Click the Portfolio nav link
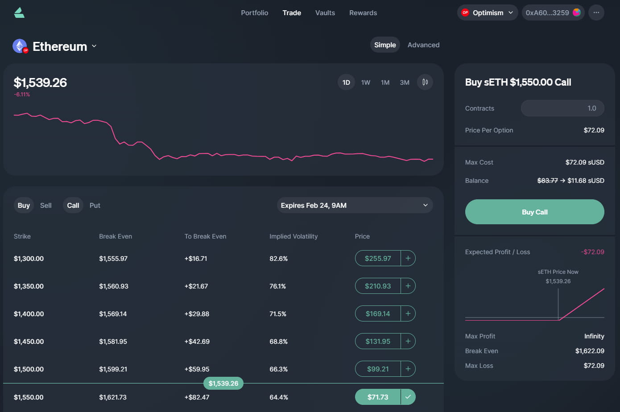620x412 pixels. (x=254, y=13)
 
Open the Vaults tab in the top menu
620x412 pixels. (x=325, y=13)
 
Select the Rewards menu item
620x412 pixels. (x=363, y=13)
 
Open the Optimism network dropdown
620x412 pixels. (x=488, y=13)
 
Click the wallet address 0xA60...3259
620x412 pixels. (x=553, y=13)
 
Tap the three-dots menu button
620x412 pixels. (x=596, y=13)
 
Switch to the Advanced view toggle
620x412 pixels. (x=423, y=45)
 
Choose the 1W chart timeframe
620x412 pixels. (x=366, y=82)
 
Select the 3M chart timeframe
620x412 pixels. (x=405, y=82)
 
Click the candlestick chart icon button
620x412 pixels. (x=425, y=82)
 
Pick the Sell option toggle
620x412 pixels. (x=46, y=206)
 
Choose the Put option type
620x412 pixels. (x=95, y=206)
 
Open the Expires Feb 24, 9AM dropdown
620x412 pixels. (x=355, y=206)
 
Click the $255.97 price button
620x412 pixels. (x=378, y=259)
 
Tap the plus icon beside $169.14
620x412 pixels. (x=408, y=314)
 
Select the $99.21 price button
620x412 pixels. (x=378, y=369)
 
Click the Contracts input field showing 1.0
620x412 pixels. (x=562, y=108)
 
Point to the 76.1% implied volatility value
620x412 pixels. (x=277, y=286)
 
